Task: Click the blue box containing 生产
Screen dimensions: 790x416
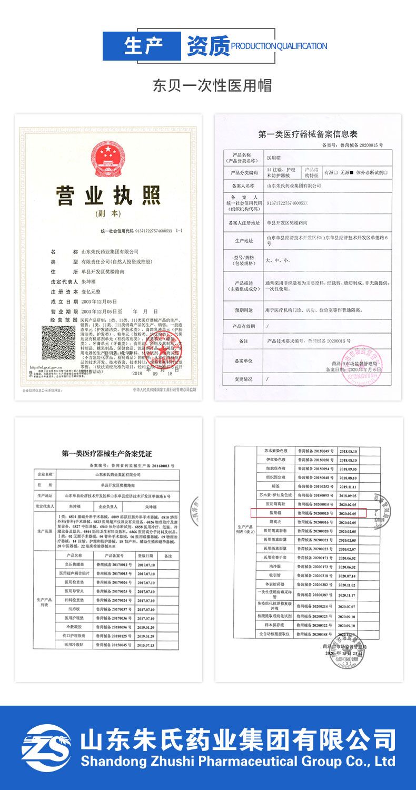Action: [141, 46]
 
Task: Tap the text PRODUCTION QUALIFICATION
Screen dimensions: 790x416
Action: [279, 46]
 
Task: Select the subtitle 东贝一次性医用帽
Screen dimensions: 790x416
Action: [212, 85]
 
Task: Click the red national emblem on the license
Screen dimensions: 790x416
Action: [108, 159]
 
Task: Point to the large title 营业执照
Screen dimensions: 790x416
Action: [108, 196]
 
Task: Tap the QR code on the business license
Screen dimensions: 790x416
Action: [58, 343]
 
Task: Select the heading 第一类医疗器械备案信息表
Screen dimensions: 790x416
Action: [308, 134]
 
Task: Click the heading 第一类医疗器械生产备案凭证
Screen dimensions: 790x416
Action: [106, 453]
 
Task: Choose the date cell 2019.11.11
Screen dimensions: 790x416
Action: [348, 486]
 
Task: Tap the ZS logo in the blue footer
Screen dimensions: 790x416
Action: [46, 748]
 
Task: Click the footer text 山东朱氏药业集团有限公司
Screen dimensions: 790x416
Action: [237, 739]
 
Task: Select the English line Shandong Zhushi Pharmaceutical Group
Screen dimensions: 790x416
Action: [237, 762]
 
